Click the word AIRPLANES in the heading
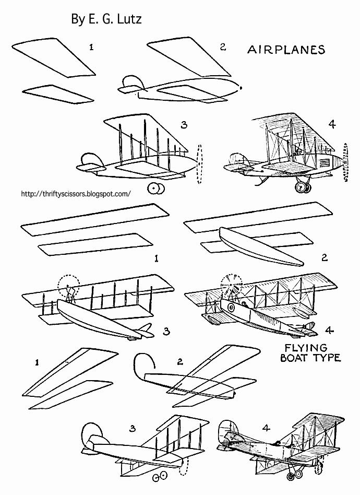pos(286,50)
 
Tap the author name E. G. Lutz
pos(106,19)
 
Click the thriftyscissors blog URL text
pos(75,193)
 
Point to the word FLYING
pos(307,347)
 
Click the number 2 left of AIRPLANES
pos(222,47)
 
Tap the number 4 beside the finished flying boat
pos(328,329)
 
